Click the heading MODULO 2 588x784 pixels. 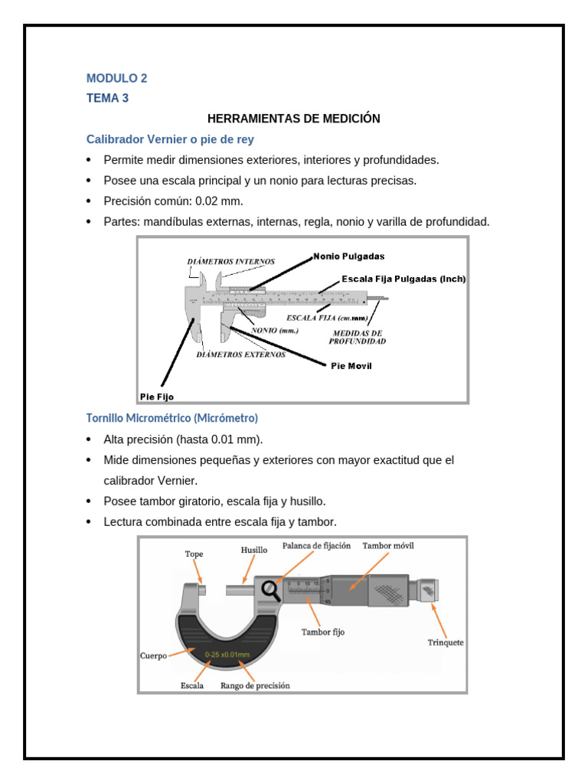pos(116,78)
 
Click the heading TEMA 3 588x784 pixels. pos(107,98)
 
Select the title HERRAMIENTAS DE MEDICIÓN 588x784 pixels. pos(294,119)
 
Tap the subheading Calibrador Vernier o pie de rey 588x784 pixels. pos(170,139)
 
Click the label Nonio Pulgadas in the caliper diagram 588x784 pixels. pos(348,256)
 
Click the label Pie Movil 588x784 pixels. pos(351,366)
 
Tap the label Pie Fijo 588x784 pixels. pos(156,397)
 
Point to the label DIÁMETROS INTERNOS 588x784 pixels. pos(230,262)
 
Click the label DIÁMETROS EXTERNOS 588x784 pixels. pos(241,354)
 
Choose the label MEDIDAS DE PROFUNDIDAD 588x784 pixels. pos(357,338)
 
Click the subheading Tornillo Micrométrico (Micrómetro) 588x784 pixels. pos(171,418)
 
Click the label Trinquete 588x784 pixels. pos(445,642)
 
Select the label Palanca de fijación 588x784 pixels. pos(316,546)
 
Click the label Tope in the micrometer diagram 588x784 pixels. pos(194,554)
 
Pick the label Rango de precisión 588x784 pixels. pos(255,686)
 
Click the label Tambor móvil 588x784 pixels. pos(388,546)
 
